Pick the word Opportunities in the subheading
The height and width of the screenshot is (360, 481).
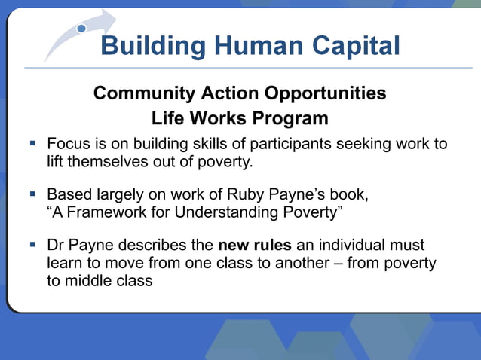(x=325, y=93)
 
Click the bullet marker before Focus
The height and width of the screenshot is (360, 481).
(x=33, y=142)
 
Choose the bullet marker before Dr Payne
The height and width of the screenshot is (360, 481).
(x=33, y=244)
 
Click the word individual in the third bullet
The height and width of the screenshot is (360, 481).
(x=349, y=246)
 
